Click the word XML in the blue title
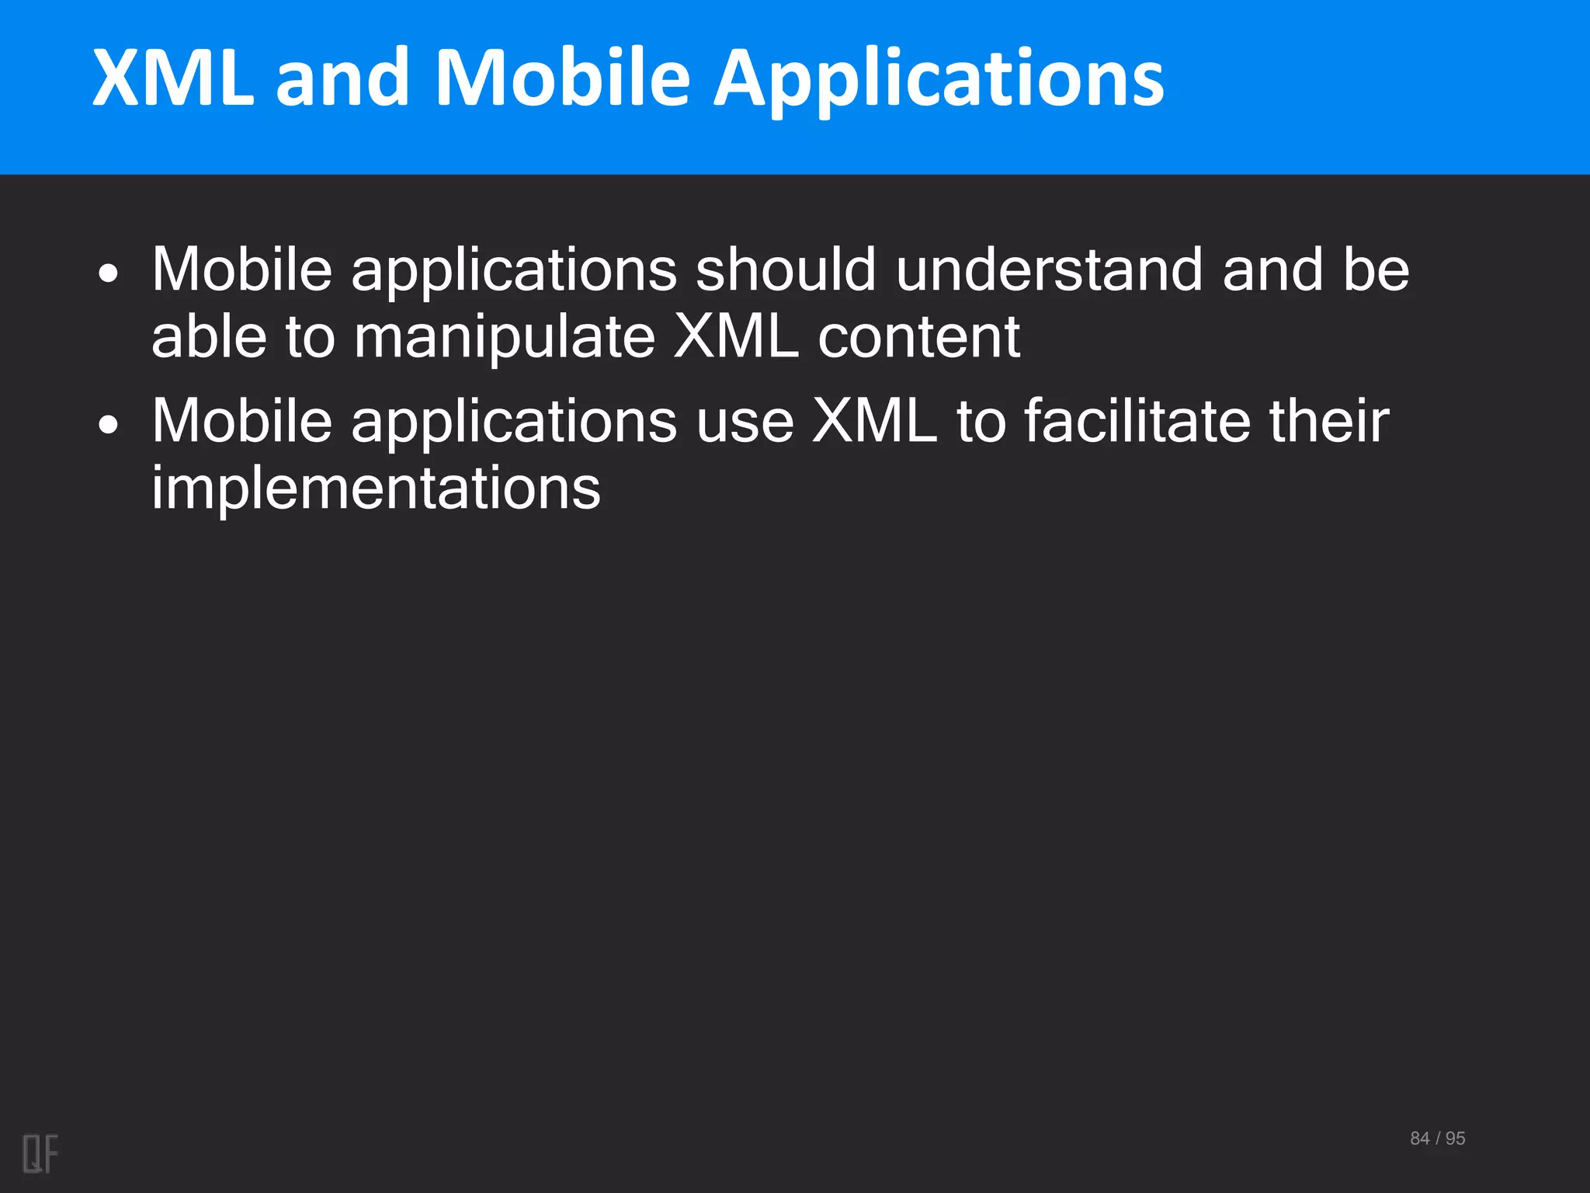coord(173,78)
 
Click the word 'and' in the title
coord(342,78)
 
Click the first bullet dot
coord(109,273)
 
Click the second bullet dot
coord(109,425)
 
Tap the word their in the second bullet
coord(1329,421)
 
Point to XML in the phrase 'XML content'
coord(736,338)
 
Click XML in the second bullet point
coord(874,421)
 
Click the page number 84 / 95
coord(1437,1139)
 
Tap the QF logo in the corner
coord(40,1153)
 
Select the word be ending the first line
coord(1376,270)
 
